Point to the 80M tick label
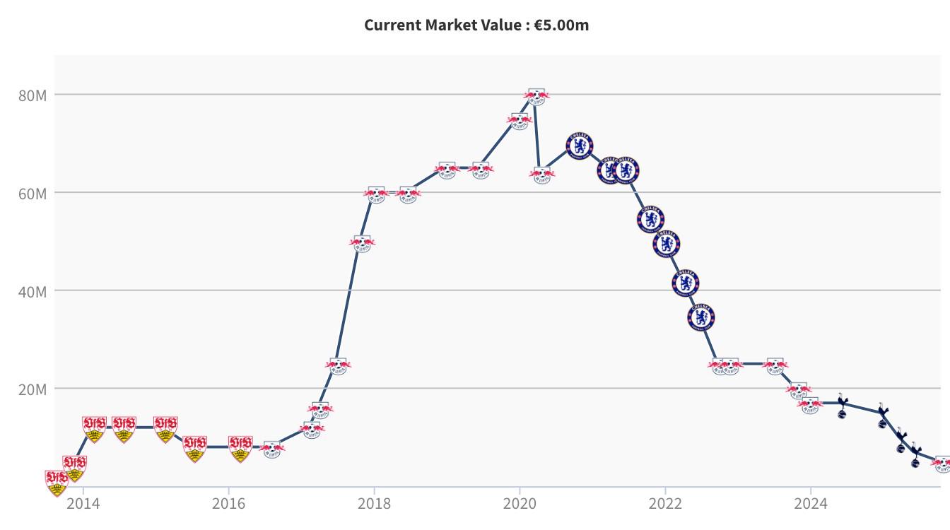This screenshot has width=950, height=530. tap(33, 95)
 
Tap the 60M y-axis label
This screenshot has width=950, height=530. tap(33, 193)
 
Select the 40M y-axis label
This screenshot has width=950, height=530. tap(33, 291)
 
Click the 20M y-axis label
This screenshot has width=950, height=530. tap(33, 389)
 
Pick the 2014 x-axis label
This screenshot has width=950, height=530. tap(83, 504)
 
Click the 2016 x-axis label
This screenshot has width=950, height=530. tap(228, 504)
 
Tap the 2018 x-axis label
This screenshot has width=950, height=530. tap(374, 504)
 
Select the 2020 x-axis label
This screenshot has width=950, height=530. tap(520, 504)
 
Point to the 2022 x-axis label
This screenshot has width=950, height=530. tap(665, 504)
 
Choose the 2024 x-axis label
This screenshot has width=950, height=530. tap(811, 504)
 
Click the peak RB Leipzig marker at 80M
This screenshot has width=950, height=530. tap(536, 95)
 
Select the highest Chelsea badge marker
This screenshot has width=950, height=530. tap(580, 146)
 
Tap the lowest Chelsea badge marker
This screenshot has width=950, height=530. tap(700, 317)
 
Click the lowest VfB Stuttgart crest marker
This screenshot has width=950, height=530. tap(57, 482)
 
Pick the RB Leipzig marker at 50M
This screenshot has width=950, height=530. tap(362, 242)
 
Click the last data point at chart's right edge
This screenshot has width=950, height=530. tap(942, 463)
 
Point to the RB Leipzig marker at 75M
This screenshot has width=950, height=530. tap(520, 120)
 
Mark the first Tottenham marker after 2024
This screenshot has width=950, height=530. tap(842, 406)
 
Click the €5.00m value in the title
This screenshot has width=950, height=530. tap(562, 25)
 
